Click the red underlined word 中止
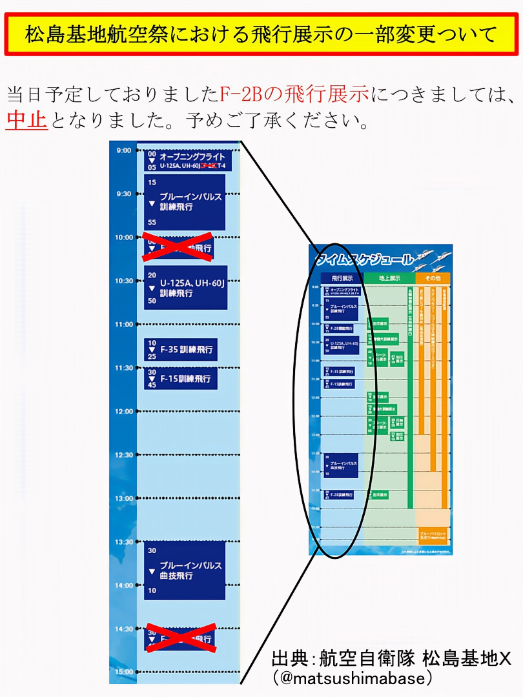pyautogui.click(x=26, y=120)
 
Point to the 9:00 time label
pyautogui.click(x=123, y=150)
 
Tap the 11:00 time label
pyautogui.click(x=123, y=324)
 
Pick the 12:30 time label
pyautogui.click(x=123, y=455)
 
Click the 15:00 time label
pyautogui.click(x=123, y=672)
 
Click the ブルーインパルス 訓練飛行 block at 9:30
pyautogui.click(x=185, y=201)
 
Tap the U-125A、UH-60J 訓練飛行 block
pyautogui.click(x=185, y=287)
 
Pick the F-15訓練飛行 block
pyautogui.click(x=180, y=379)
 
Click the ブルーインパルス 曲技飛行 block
pyautogui.click(x=185, y=570)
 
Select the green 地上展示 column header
pyautogui.click(x=389, y=278)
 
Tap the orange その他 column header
pyautogui.click(x=433, y=278)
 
